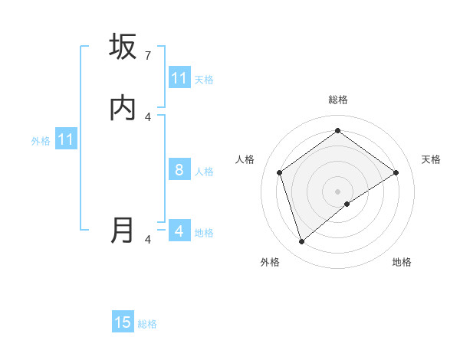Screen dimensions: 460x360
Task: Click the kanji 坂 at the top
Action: (123, 47)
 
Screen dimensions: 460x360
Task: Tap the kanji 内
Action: (123, 109)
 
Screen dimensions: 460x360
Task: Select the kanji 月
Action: (123, 231)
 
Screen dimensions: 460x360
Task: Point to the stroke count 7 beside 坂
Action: (147, 56)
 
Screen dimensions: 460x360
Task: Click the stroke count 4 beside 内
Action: (147, 117)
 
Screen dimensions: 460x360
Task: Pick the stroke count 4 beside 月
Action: (147, 240)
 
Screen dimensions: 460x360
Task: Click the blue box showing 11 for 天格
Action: (179, 78)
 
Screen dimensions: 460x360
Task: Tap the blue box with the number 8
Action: (179, 170)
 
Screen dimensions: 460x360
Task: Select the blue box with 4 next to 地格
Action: (179, 231)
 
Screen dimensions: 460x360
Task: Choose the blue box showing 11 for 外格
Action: (65, 140)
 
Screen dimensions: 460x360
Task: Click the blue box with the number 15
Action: (123, 322)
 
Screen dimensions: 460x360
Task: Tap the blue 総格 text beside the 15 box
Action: (147, 324)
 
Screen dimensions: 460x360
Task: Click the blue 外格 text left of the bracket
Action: (41, 141)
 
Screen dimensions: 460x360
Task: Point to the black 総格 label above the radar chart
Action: (337, 100)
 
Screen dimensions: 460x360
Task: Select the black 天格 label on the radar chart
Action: (431, 159)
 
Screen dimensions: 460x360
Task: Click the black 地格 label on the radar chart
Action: (402, 262)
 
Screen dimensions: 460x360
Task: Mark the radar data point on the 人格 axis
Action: (280, 172)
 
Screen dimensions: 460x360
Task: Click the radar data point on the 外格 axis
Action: (302, 242)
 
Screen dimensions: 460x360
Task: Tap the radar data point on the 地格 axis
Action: (347, 204)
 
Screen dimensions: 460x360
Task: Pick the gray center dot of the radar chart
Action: (337, 191)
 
